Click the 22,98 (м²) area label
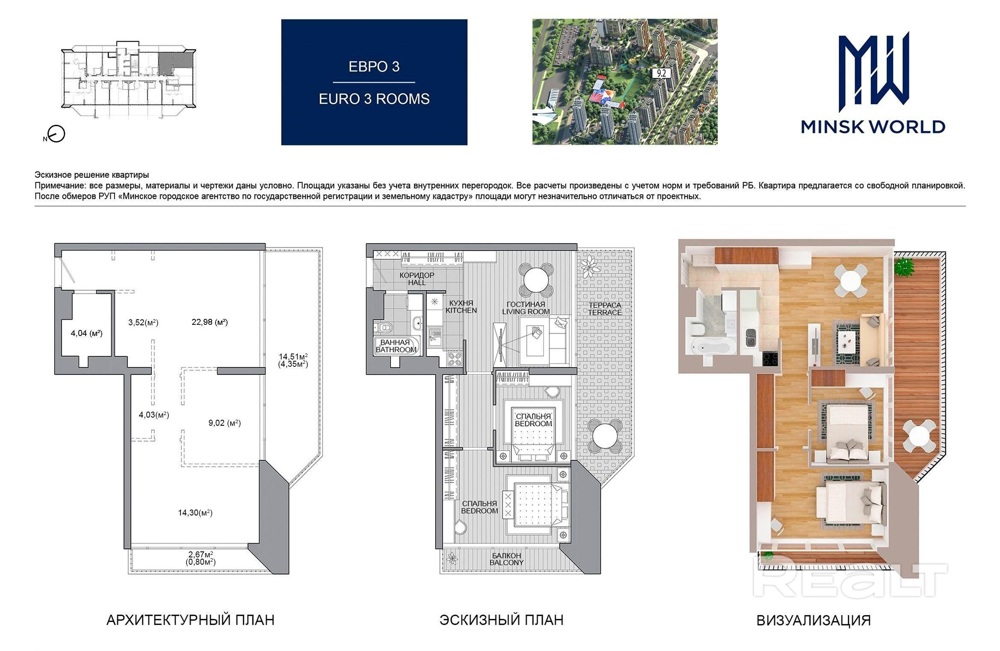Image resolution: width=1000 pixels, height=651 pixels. (x=209, y=322)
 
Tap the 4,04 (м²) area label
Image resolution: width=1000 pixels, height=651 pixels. (x=86, y=333)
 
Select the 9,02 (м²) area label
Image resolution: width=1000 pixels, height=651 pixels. (x=225, y=423)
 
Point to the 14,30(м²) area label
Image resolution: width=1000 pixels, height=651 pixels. (x=195, y=513)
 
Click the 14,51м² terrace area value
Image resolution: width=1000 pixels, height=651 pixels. (x=293, y=356)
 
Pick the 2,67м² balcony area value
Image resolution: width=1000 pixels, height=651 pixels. (x=201, y=554)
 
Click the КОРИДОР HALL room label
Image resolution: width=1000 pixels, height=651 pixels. (x=417, y=279)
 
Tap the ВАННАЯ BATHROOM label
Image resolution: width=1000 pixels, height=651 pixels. (x=396, y=346)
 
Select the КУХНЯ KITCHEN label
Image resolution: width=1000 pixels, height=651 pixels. (x=461, y=306)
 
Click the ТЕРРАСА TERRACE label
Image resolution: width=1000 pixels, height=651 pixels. (x=605, y=309)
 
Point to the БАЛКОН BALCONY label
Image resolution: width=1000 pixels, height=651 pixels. (x=506, y=559)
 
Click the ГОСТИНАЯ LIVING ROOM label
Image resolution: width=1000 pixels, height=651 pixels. (x=526, y=308)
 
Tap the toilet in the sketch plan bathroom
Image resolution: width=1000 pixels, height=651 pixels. (x=385, y=327)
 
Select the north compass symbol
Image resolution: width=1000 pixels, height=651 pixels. (x=56, y=134)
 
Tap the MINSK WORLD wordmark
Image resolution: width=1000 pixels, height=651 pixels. (x=873, y=127)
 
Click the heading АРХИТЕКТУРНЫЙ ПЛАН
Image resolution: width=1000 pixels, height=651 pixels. (x=190, y=620)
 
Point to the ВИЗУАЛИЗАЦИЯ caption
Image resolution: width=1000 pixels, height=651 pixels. (x=814, y=620)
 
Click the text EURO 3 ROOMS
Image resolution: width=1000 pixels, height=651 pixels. (x=374, y=99)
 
